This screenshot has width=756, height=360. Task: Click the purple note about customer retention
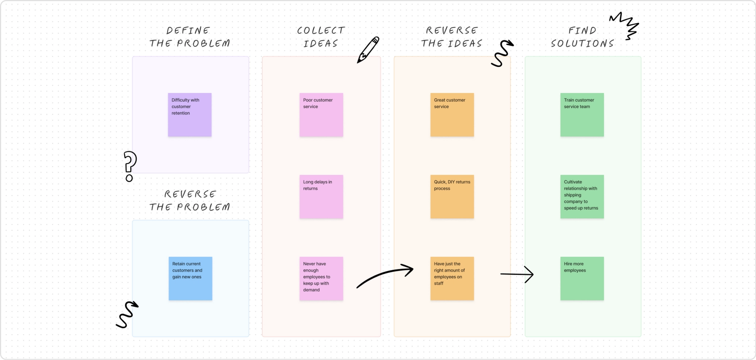(189, 114)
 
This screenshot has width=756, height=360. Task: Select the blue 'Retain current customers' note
(190, 278)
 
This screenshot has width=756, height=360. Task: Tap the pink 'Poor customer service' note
(321, 114)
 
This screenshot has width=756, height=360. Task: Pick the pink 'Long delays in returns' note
(321, 196)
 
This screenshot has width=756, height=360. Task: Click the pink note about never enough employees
(321, 278)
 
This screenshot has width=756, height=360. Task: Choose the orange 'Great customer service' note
(452, 114)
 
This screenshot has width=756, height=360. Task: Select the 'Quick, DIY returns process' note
(452, 196)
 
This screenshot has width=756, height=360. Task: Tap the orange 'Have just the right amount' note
(452, 278)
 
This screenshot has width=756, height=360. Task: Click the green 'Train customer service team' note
(582, 114)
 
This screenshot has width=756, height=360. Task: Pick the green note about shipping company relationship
(582, 196)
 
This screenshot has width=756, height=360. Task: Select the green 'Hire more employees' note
(582, 278)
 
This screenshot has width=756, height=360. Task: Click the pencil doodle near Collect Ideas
(368, 50)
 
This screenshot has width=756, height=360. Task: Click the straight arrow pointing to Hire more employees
(517, 274)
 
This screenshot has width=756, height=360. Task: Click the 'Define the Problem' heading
(189, 37)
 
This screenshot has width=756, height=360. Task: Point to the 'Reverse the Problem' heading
(189, 200)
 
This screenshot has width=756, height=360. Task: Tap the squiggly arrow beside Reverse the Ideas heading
(502, 53)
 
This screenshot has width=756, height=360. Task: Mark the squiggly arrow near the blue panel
(127, 314)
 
